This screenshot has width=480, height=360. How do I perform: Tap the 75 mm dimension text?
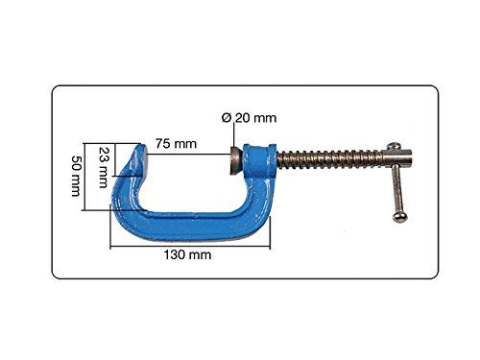tap(178, 144)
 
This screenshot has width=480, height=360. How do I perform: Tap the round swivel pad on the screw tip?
tap(234, 162)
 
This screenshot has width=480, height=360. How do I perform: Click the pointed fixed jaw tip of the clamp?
tap(141, 152)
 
